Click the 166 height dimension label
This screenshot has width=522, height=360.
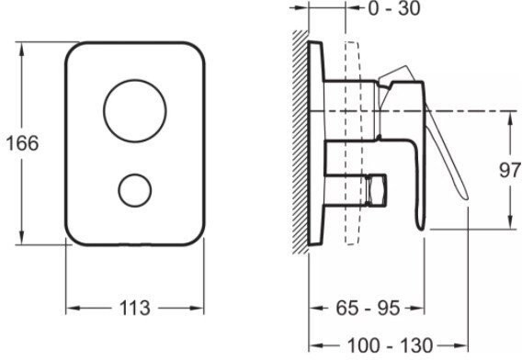(x=20, y=144)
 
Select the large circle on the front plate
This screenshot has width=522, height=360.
(x=135, y=108)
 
